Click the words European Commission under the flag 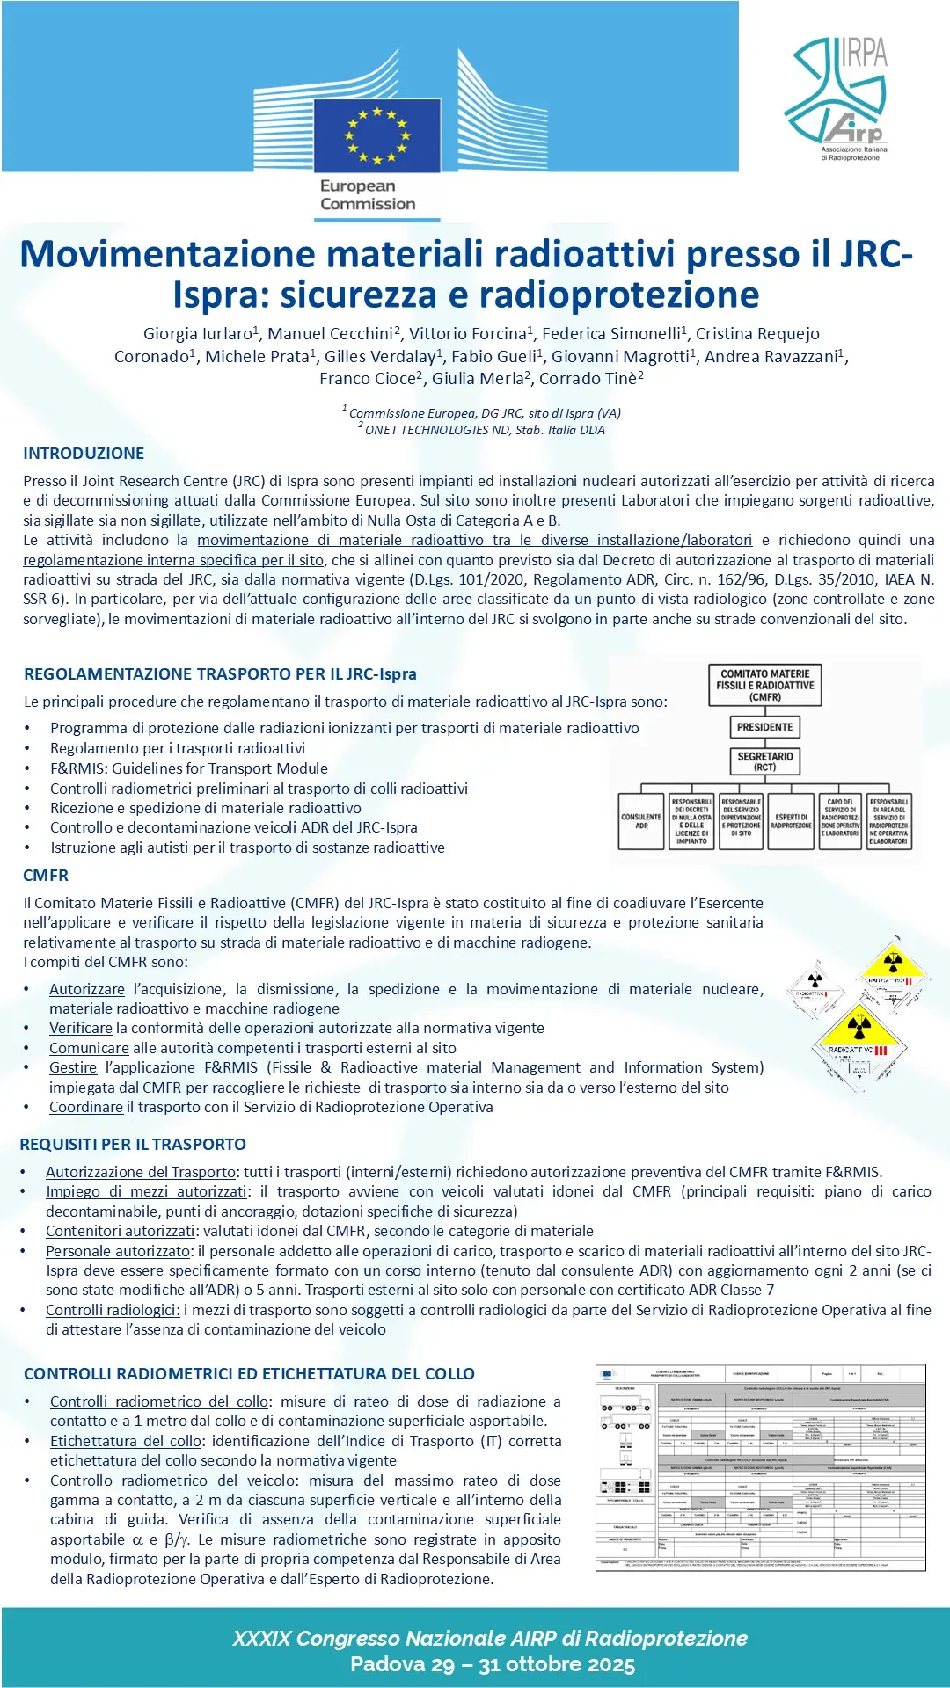[368, 195]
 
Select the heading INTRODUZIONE [84, 454]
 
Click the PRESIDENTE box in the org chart [764, 727]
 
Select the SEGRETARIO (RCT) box [764, 761]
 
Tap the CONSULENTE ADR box [641, 821]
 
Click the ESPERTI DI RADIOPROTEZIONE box [791, 821]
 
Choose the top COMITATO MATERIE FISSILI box [765, 686]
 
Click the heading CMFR [46, 876]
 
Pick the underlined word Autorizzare [87, 989]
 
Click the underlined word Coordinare [86, 1108]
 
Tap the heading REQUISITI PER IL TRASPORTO [133, 1145]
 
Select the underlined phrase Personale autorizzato [118, 1251]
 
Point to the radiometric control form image [761, 1467]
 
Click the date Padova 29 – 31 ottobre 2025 [493, 1664]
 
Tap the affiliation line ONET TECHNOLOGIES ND [485, 430]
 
